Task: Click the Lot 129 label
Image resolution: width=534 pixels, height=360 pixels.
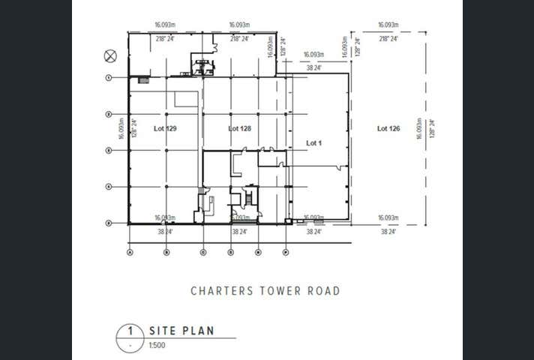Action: (x=165, y=129)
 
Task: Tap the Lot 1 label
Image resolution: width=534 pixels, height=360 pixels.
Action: (x=313, y=142)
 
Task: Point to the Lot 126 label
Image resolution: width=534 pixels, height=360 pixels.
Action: (x=388, y=129)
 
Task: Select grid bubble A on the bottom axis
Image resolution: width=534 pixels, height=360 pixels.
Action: (x=130, y=252)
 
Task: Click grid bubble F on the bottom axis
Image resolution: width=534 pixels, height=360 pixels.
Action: (x=286, y=252)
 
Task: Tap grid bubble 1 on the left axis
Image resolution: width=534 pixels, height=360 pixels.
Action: (x=109, y=77)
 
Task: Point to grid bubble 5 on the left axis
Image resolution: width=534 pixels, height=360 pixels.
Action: (x=109, y=223)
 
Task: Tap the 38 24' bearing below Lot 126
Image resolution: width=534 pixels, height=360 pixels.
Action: (x=388, y=232)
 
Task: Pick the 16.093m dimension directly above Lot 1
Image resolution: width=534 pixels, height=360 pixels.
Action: (x=313, y=55)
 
